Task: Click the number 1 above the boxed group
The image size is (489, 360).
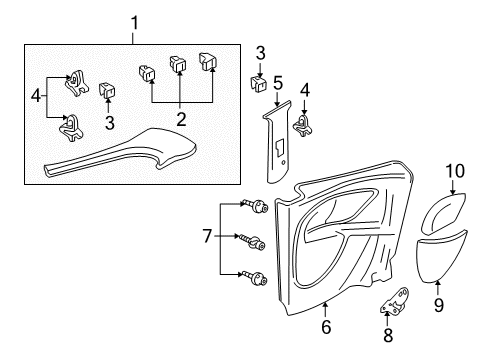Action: [134, 23]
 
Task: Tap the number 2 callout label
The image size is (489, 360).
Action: [181, 118]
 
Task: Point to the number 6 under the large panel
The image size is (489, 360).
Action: [326, 326]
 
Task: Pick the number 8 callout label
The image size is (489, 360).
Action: [388, 334]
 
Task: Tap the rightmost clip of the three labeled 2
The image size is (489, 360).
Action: [210, 63]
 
